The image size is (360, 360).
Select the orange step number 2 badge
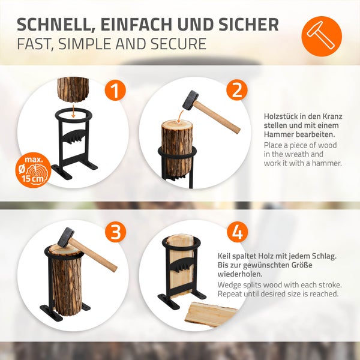[x=238, y=90]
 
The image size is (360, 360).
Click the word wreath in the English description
[x=296, y=154]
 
